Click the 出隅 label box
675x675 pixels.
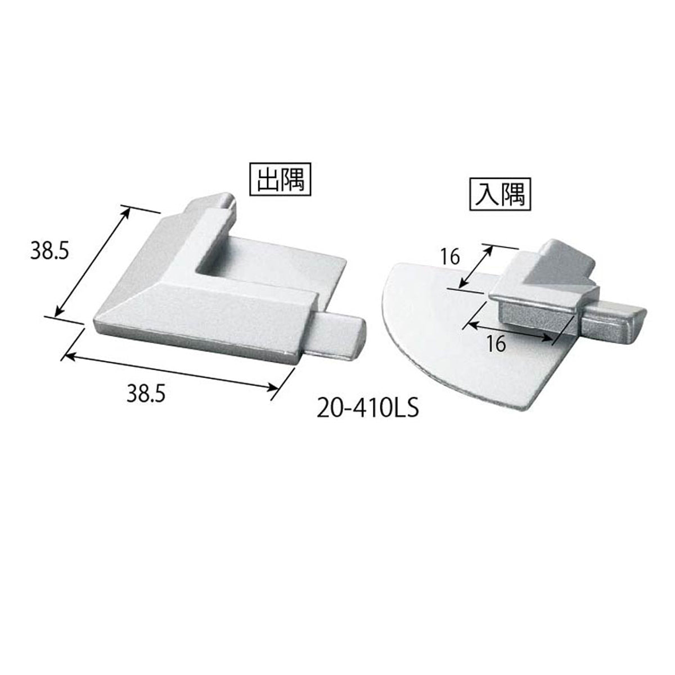[x=280, y=179]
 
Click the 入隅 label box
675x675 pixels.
[x=500, y=194]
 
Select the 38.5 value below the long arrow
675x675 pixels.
[x=146, y=395]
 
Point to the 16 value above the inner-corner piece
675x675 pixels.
[x=450, y=258]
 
